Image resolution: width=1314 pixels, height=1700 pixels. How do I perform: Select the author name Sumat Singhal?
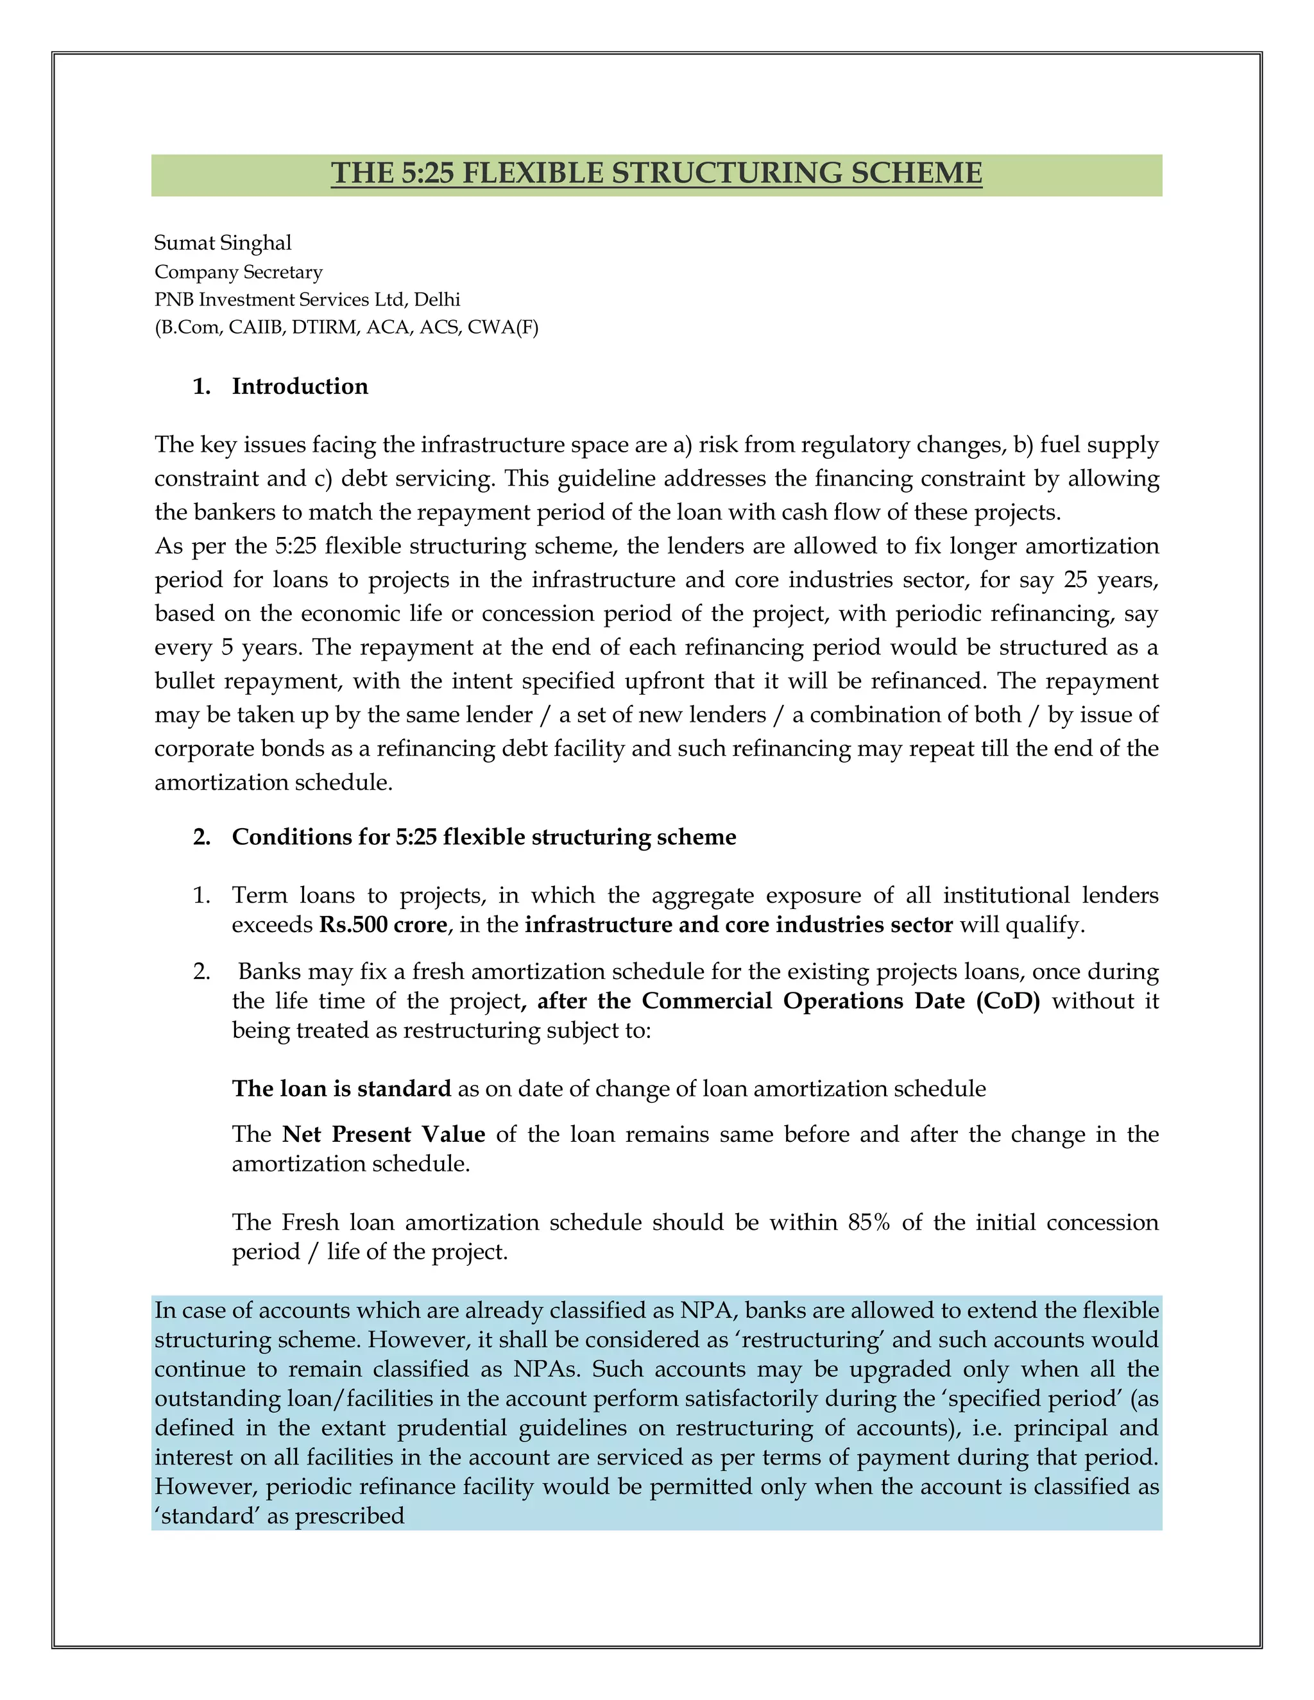[223, 243]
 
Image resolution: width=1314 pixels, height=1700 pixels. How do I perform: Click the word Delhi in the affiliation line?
[437, 300]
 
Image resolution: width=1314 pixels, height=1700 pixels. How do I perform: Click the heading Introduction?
[300, 386]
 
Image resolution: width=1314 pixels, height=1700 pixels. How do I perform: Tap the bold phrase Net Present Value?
[384, 1134]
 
